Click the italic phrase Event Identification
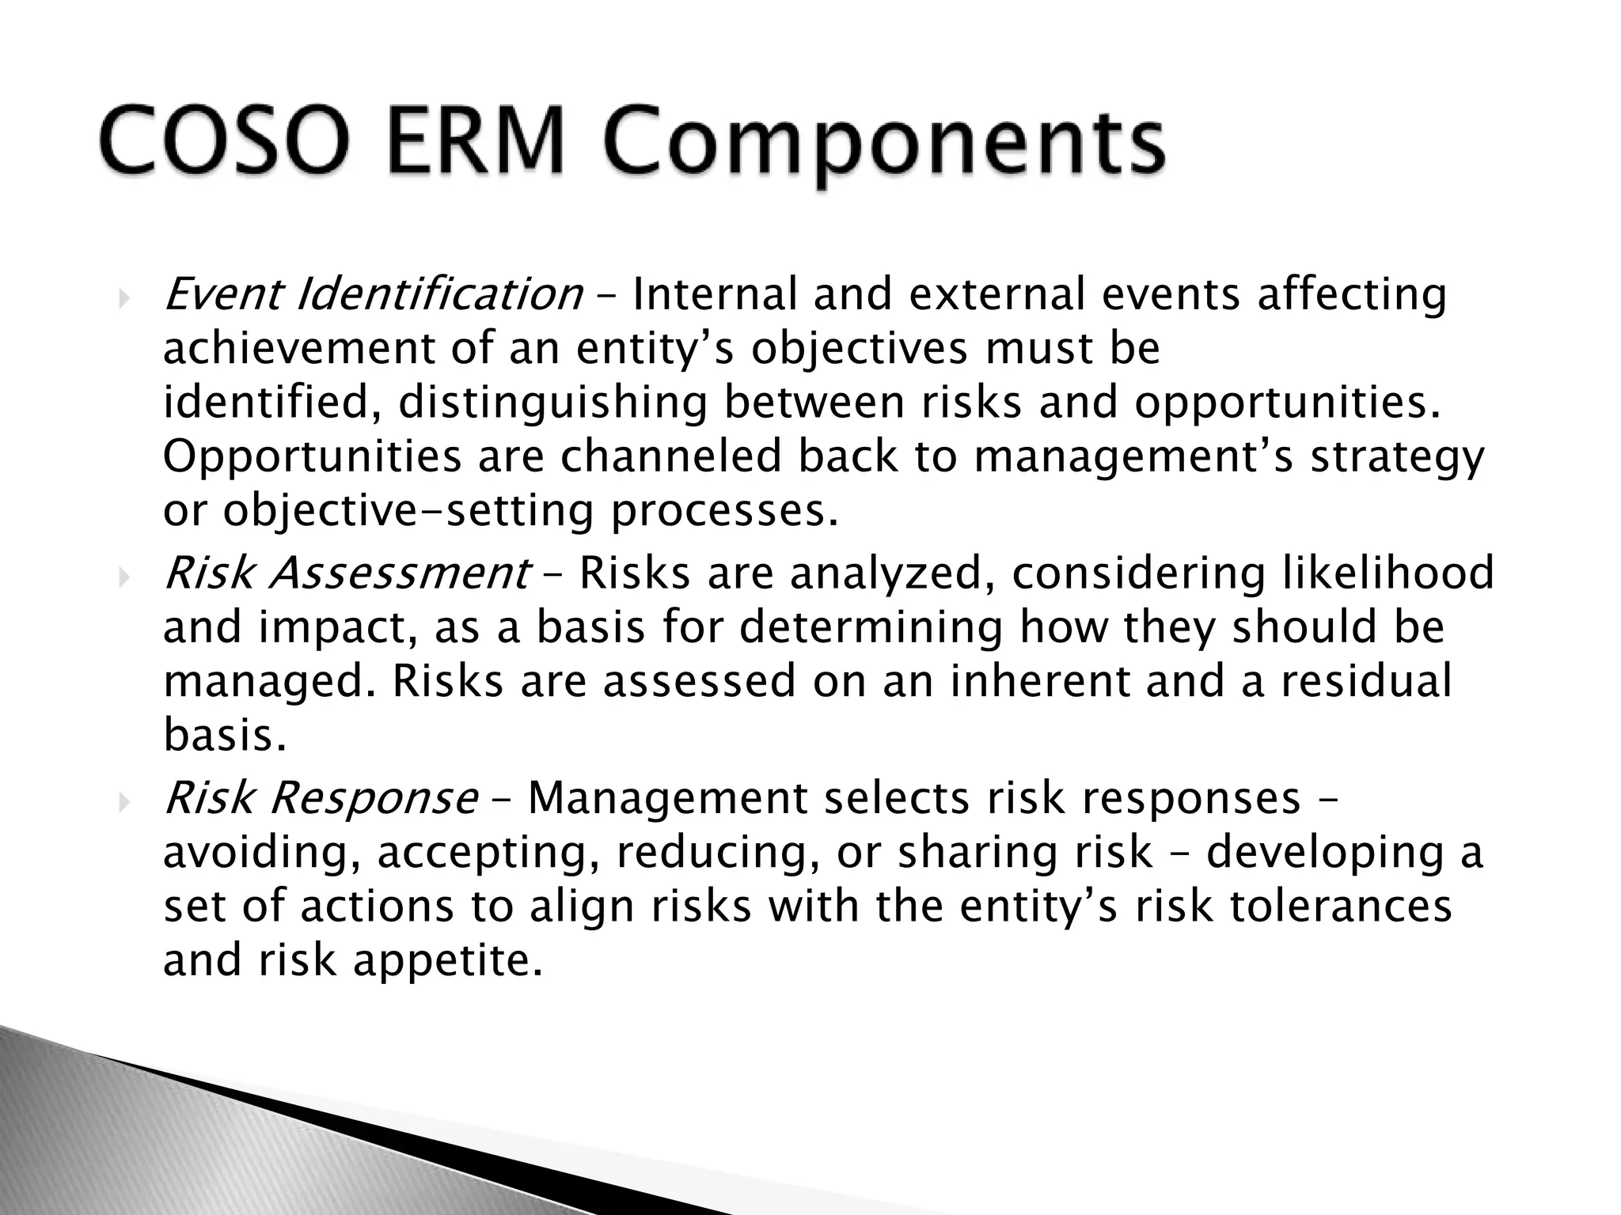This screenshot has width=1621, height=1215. pos(373,295)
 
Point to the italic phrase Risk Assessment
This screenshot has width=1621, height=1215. pos(347,573)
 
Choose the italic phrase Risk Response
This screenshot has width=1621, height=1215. pos(321,798)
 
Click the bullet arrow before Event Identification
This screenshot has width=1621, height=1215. pos(123,298)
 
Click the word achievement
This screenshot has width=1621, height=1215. pos(299,349)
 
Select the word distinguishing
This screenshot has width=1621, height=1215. pos(552,403)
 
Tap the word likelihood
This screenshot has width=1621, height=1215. pos(1387,573)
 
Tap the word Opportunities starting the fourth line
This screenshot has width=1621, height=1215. pos(312,457)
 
